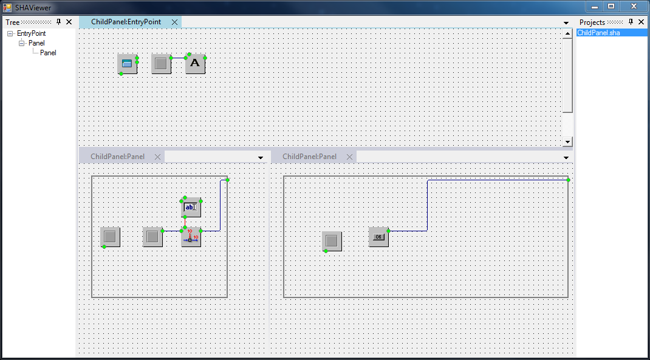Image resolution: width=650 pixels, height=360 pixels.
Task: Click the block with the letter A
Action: (195, 64)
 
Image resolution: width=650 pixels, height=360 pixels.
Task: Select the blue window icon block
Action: (127, 64)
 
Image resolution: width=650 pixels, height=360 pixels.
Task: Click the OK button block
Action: (378, 237)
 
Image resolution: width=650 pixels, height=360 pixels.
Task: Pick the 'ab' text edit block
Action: (191, 207)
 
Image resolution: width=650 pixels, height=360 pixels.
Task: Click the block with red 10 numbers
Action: (191, 237)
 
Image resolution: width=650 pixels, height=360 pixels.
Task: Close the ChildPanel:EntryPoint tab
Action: (174, 22)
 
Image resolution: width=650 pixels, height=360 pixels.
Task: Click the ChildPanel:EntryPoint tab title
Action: (126, 22)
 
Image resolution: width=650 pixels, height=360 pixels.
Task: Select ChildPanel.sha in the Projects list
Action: (598, 33)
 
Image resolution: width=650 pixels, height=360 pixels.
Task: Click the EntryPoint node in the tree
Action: (31, 33)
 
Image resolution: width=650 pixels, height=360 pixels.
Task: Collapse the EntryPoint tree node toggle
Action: (10, 33)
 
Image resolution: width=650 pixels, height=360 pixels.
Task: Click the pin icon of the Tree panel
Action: (58, 22)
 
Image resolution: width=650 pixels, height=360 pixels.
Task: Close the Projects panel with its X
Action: (641, 22)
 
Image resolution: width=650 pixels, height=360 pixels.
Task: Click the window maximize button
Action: (611, 6)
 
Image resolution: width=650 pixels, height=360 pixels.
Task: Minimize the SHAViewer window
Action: (595, 6)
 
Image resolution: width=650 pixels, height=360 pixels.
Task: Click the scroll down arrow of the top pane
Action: (567, 141)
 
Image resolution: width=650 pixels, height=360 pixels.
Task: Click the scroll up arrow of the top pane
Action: (567, 33)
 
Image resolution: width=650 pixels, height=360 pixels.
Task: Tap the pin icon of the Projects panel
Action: (631, 22)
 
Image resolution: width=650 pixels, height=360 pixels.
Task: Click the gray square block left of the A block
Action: (161, 64)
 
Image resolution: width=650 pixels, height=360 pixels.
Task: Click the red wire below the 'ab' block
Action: (185, 222)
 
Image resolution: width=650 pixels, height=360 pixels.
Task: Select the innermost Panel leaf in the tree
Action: (48, 53)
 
